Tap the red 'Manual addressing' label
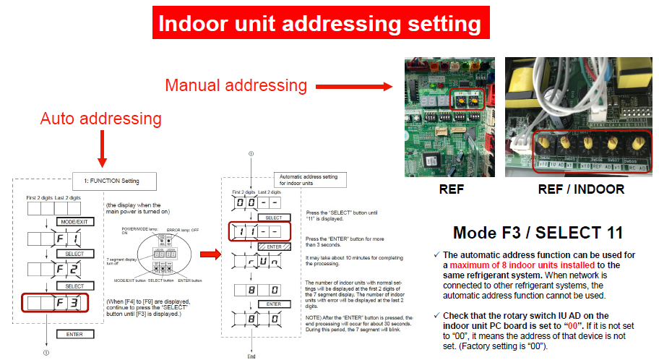(235, 85)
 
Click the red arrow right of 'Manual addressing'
(351, 87)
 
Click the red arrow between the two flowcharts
(209, 254)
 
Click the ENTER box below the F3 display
(74, 334)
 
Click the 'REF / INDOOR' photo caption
(580, 190)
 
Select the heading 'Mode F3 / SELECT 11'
(538, 233)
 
